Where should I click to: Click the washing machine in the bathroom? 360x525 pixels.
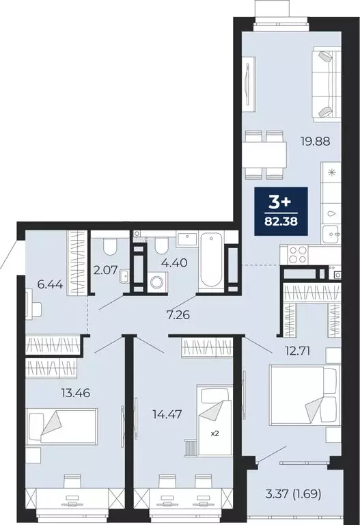[158, 282]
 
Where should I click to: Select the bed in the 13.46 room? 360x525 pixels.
[61, 427]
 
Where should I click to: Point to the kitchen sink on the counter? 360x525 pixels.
[333, 220]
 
